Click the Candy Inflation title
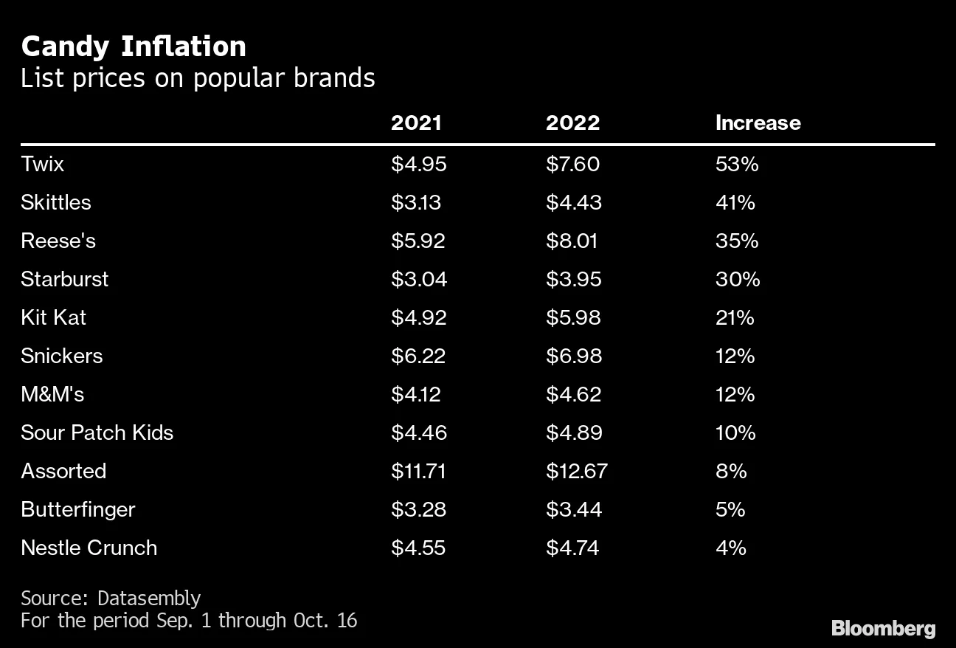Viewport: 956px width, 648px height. click(x=134, y=46)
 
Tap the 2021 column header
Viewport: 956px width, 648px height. click(x=416, y=123)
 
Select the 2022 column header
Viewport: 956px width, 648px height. click(x=572, y=123)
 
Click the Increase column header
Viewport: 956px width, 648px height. click(x=758, y=123)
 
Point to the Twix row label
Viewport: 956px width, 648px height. click(x=43, y=164)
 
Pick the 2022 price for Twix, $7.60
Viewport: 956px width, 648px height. click(x=572, y=164)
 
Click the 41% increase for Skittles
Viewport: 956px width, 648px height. click(x=735, y=202)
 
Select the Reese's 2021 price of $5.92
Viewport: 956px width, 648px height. click(x=418, y=241)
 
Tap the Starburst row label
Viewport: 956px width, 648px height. click(x=65, y=279)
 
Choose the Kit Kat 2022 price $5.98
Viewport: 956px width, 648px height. click(x=573, y=317)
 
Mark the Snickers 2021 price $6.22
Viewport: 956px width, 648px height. click(x=418, y=356)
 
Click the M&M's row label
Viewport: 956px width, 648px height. click(x=52, y=394)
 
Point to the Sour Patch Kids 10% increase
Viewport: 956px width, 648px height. click(x=735, y=432)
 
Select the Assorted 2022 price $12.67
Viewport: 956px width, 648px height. click(x=577, y=471)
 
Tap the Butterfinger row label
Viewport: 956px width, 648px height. click(x=78, y=509)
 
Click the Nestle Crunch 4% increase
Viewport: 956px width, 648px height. click(x=730, y=548)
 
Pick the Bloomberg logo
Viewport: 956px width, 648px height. click(x=883, y=628)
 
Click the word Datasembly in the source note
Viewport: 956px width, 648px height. click(x=148, y=598)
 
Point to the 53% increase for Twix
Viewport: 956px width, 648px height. click(x=737, y=164)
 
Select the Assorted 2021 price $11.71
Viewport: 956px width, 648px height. click(x=418, y=471)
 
